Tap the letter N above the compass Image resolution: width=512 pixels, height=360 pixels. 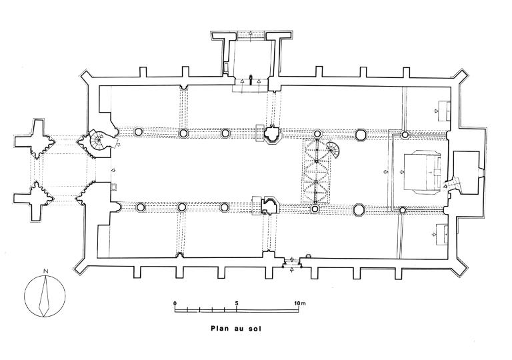point(45,271)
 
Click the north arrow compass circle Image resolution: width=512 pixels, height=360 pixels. point(45,295)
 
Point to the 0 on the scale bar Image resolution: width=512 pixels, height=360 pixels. point(175,303)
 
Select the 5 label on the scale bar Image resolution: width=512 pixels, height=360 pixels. point(237,303)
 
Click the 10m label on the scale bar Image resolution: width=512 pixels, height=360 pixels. point(300,303)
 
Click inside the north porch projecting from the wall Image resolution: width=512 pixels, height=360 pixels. point(251,60)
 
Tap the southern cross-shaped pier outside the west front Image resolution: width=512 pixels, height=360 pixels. point(35,198)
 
